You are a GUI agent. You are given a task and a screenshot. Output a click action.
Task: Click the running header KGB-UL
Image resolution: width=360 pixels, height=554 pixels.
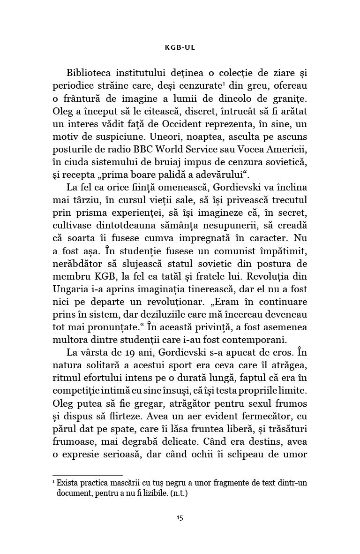180,47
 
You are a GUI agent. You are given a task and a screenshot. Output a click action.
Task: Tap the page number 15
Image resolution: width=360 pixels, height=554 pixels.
180,518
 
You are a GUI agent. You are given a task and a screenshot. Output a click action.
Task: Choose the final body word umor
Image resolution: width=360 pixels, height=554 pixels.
294,454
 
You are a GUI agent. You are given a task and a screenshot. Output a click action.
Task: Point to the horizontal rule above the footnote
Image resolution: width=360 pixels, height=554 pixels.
88,475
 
